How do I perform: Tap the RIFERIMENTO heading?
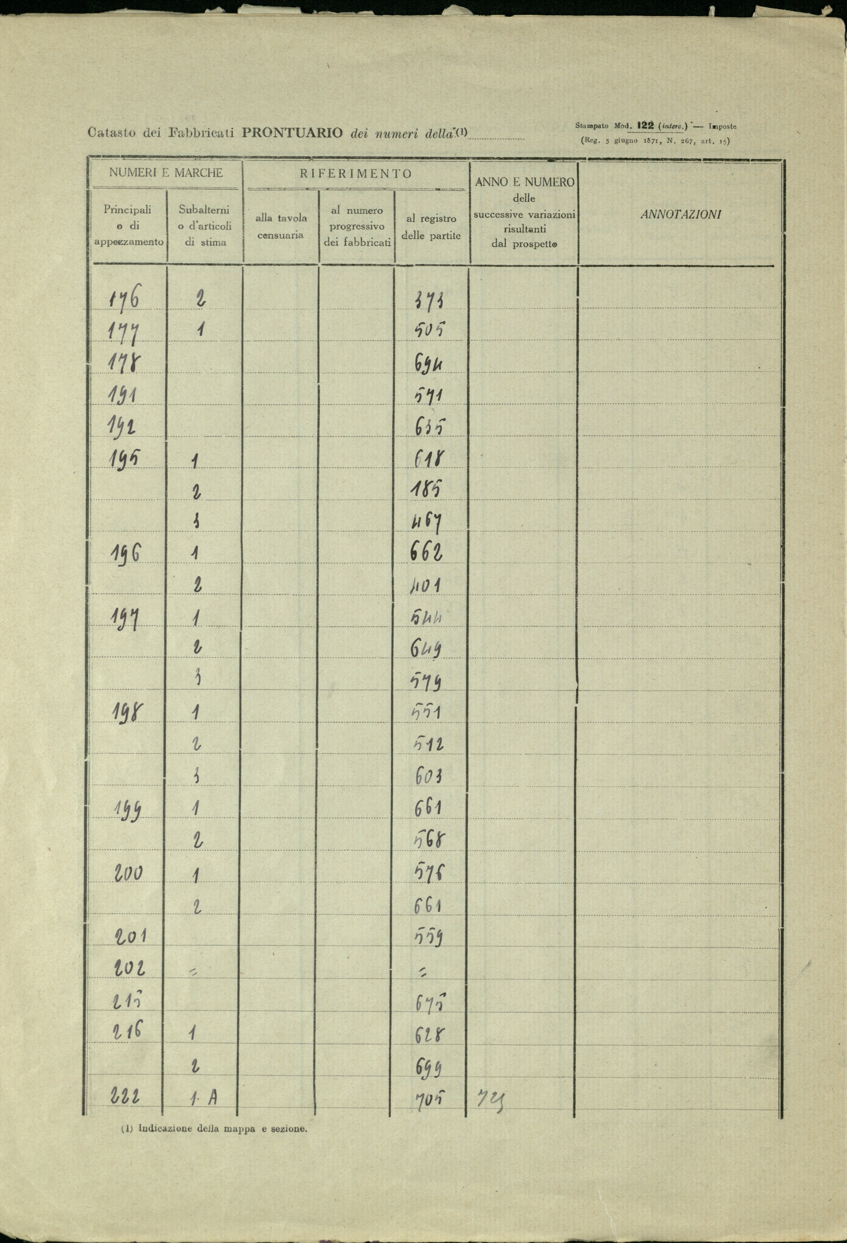(x=356, y=174)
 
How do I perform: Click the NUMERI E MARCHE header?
(x=166, y=173)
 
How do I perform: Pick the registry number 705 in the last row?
(x=430, y=1099)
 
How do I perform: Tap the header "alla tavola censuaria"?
(x=281, y=226)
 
